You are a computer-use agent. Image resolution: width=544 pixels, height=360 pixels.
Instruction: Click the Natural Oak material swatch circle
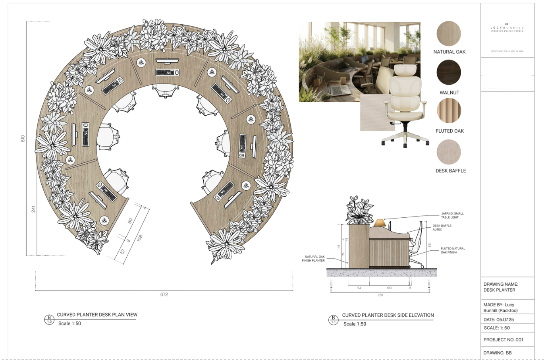click(449, 34)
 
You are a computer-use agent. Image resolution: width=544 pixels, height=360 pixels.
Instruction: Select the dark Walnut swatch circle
click(449, 72)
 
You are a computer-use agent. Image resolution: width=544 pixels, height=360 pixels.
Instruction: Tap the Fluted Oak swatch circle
click(449, 110)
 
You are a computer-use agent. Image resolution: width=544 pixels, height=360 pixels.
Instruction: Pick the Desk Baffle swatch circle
click(449, 152)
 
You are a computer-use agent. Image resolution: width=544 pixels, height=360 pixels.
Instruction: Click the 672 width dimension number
click(164, 294)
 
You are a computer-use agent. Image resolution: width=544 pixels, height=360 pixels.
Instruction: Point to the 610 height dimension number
click(23, 138)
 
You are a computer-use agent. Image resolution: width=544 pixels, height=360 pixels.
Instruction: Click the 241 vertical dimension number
click(33, 209)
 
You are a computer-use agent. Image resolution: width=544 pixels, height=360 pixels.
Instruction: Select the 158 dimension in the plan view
click(139, 238)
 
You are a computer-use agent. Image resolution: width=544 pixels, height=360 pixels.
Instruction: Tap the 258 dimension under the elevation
click(380, 295)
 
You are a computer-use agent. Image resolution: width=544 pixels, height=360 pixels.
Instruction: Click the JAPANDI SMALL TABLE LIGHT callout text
click(452, 215)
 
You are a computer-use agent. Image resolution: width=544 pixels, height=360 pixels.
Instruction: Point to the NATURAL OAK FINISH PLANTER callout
click(313, 259)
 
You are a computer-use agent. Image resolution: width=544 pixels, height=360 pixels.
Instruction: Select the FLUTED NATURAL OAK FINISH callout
click(453, 250)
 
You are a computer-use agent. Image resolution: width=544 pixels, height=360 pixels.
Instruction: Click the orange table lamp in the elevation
click(380, 223)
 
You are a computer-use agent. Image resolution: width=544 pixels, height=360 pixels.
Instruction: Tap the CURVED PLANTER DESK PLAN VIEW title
click(97, 315)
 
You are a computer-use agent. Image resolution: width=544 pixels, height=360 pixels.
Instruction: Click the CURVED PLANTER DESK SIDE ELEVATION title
click(388, 315)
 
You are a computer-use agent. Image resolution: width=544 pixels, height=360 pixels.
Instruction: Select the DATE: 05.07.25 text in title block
click(499, 319)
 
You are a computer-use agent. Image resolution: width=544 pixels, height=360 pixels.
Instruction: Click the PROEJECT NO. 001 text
click(503, 340)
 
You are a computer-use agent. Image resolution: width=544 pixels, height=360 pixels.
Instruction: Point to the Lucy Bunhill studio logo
click(507, 27)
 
